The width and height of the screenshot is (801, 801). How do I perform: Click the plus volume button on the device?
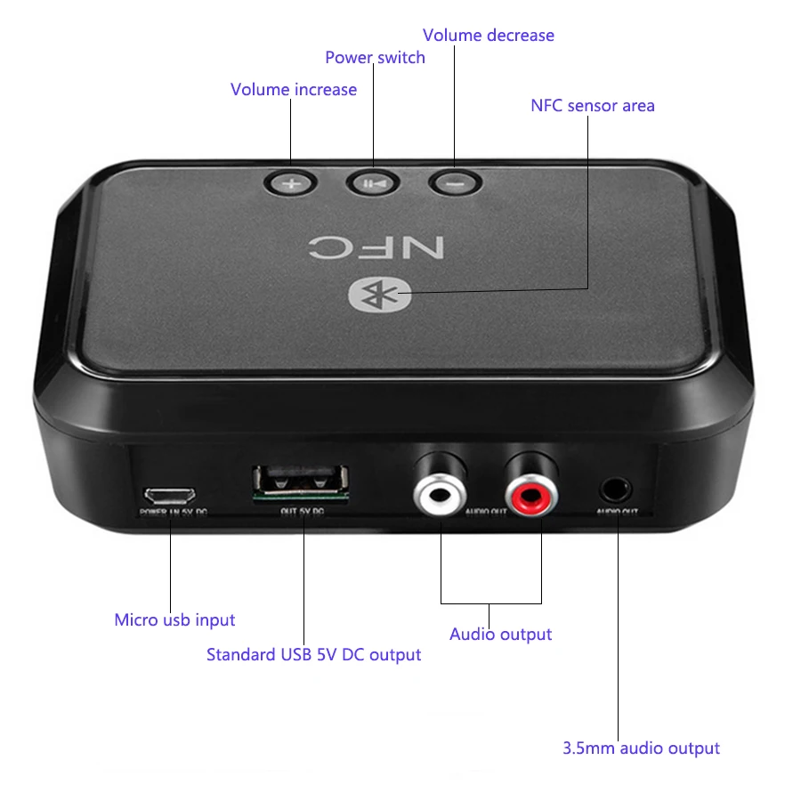(291, 184)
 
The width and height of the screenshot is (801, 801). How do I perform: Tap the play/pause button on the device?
(373, 183)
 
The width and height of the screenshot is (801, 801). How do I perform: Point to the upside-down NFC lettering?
(376, 246)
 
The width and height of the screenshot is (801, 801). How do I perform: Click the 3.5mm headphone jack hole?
(617, 489)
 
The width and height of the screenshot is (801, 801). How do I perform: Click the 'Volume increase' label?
(294, 90)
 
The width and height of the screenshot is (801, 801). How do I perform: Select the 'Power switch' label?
(375, 58)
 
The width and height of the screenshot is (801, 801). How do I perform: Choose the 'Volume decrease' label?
(488, 36)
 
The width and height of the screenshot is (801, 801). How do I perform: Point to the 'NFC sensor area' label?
(592, 106)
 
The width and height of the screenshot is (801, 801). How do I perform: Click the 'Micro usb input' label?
(174, 619)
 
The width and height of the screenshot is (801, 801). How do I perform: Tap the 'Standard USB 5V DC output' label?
(313, 655)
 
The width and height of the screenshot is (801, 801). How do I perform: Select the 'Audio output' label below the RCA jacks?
(500, 635)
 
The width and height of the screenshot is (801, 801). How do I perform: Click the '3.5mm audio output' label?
(641, 748)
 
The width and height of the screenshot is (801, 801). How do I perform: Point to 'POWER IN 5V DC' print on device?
(173, 514)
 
